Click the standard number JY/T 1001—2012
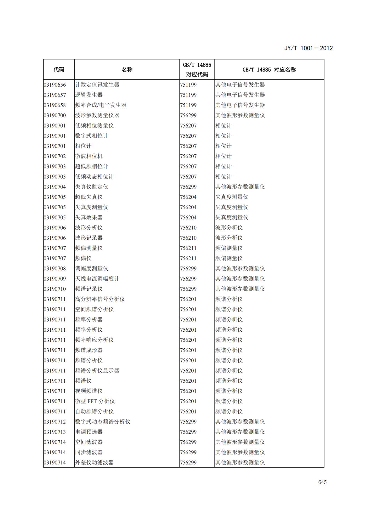point(308,48)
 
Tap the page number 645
point(322,482)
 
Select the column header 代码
point(59,70)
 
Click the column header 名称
point(127,70)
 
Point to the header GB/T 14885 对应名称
point(269,70)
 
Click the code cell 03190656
point(55,85)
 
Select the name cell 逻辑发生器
point(89,95)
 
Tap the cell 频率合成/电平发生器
point(100,105)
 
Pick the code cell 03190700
point(55,115)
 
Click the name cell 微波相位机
point(89,156)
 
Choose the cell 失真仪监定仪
point(92,187)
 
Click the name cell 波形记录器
point(89,238)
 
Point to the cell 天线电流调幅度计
point(97,279)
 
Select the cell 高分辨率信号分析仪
point(100,299)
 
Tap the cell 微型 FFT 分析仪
point(95,401)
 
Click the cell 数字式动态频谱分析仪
point(103,422)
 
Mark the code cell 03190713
point(55,432)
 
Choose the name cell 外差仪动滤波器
point(94,463)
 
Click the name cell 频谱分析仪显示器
point(97,371)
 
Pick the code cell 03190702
point(55,156)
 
